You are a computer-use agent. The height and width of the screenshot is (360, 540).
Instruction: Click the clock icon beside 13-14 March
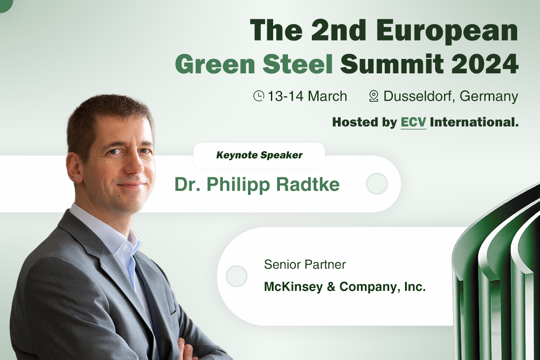[x=259, y=96]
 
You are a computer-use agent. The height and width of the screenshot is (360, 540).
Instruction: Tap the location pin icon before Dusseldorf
[x=373, y=96]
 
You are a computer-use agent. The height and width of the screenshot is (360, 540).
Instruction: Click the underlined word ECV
[x=413, y=122]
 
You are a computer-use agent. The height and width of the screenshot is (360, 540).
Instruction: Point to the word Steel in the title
[x=298, y=64]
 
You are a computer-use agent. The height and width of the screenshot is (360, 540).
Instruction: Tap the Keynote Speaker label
[x=259, y=155]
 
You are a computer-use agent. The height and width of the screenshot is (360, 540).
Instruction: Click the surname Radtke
[x=308, y=184]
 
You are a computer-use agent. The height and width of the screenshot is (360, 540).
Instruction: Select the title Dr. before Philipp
[x=187, y=184]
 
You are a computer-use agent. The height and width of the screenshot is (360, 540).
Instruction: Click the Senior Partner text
[x=305, y=265]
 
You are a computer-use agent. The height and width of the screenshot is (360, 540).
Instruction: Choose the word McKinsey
[x=293, y=287]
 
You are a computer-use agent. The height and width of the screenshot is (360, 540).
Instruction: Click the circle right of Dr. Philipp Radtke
[x=377, y=184]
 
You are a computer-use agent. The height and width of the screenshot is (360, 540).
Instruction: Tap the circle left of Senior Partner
[x=237, y=276]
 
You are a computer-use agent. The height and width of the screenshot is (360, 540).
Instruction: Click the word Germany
[x=489, y=96]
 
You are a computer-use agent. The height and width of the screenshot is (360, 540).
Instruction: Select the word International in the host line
[x=474, y=122]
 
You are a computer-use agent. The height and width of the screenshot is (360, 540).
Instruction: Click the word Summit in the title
[x=392, y=64]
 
